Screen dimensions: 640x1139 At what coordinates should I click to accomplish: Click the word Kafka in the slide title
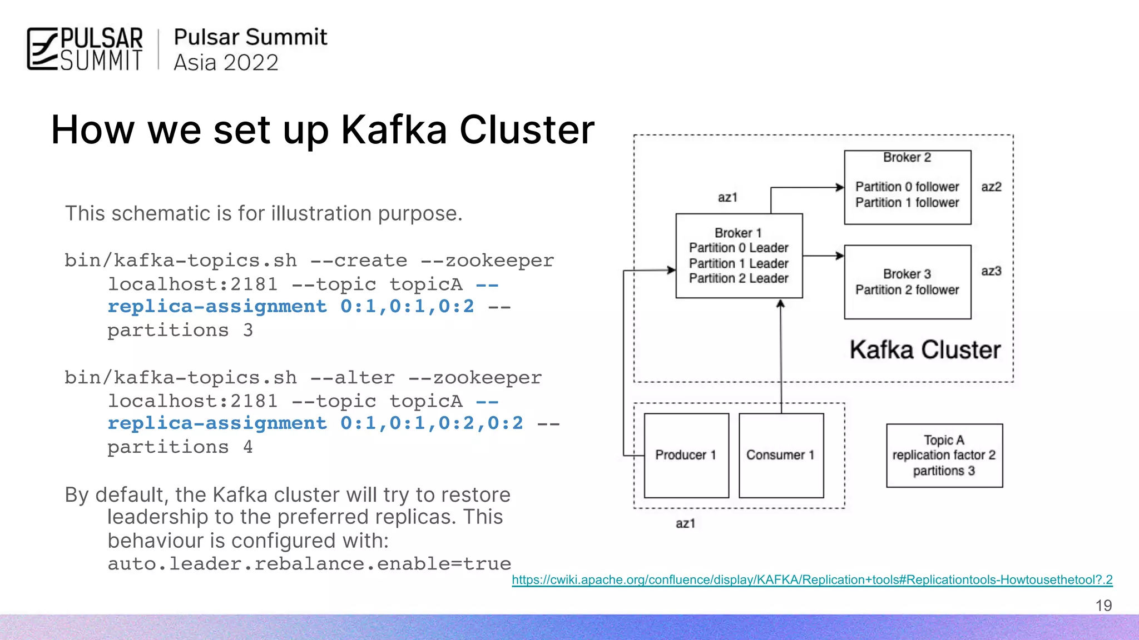tap(394, 130)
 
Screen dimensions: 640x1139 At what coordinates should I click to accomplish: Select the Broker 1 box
tap(739, 256)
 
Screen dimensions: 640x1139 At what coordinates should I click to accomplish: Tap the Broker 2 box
tap(907, 187)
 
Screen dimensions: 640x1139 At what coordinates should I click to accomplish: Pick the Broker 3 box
tap(907, 282)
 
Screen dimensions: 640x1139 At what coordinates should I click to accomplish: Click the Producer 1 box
tap(686, 455)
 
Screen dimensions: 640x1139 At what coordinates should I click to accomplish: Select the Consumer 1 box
tap(781, 455)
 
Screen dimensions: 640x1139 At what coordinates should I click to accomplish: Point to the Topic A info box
tap(944, 456)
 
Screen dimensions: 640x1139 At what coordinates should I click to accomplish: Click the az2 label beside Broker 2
tap(991, 187)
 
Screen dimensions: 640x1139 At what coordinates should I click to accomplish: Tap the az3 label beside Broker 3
tap(991, 271)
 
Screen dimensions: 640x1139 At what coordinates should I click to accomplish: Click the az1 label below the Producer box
tap(685, 523)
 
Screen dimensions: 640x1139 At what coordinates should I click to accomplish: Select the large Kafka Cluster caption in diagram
tap(925, 350)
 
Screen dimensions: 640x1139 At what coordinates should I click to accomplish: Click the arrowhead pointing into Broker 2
tap(840, 188)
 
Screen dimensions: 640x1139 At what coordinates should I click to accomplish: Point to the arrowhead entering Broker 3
tap(840, 256)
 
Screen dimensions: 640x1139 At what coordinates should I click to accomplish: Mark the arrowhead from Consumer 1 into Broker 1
tap(780, 304)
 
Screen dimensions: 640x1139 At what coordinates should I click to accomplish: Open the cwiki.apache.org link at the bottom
tap(812, 580)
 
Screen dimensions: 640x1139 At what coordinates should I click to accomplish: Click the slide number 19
tap(1103, 606)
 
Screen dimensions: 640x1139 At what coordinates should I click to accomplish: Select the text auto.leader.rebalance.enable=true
tap(309, 564)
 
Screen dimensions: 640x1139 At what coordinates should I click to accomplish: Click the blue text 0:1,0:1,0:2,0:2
tap(432, 423)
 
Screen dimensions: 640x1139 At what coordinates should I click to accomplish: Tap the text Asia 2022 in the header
tap(226, 63)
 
